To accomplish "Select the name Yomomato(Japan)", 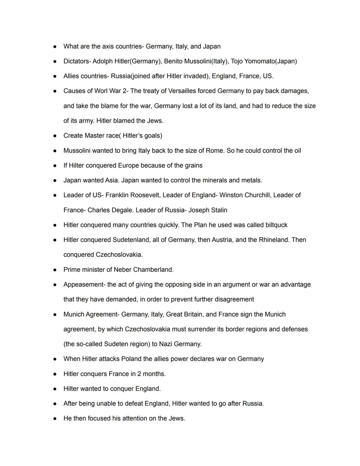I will click(270, 61).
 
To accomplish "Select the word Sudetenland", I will click(131, 240).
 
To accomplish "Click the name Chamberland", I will click(153, 270).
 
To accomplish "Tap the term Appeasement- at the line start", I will click(84, 285).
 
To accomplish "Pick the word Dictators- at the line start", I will click(77, 61).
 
